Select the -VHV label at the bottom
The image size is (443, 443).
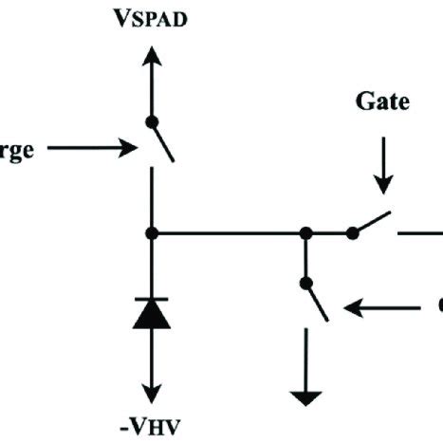pyautogui.click(x=151, y=424)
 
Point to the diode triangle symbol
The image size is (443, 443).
pyautogui.click(x=150, y=313)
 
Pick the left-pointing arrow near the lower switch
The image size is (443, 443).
pyautogui.click(x=379, y=307)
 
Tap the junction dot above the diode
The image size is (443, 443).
pyautogui.click(x=150, y=232)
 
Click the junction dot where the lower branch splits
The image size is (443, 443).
pyautogui.click(x=306, y=232)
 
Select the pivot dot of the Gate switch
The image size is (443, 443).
pyautogui.click(x=352, y=232)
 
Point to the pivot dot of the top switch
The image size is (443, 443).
pyautogui.click(x=150, y=120)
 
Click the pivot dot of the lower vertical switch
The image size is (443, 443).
pyautogui.click(x=306, y=282)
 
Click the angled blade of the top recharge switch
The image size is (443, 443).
pyautogui.click(x=161, y=142)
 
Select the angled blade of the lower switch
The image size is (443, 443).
pyautogui.click(x=317, y=302)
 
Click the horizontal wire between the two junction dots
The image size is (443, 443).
pyautogui.click(x=228, y=232)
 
